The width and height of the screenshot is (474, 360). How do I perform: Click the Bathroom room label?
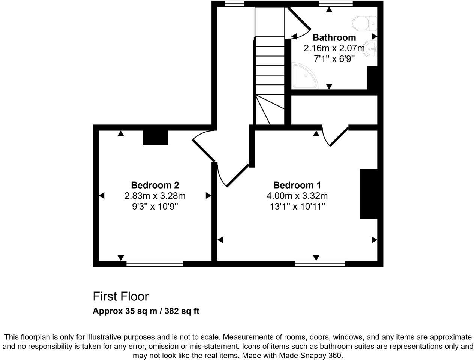point(334,37)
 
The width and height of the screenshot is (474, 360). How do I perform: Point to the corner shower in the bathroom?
point(303,76)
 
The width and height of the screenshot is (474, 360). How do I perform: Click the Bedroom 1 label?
point(297,185)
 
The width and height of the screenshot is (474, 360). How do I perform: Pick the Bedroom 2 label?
point(155,185)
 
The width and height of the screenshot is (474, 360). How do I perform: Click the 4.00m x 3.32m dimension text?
point(297,196)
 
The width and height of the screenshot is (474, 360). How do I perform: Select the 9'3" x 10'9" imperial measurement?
point(155,206)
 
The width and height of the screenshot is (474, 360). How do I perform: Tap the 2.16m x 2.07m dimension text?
point(334,48)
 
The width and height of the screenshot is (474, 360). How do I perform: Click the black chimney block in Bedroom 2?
point(156,138)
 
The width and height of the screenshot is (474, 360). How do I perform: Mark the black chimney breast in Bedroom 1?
point(369,194)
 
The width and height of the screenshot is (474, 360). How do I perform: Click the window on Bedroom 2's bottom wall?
point(154,264)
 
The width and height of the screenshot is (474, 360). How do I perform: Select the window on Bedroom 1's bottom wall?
point(320,264)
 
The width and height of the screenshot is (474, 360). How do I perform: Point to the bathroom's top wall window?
point(336,4)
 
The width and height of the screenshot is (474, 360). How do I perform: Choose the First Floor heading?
point(121,296)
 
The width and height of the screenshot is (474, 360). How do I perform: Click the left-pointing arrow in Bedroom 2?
point(101,196)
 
